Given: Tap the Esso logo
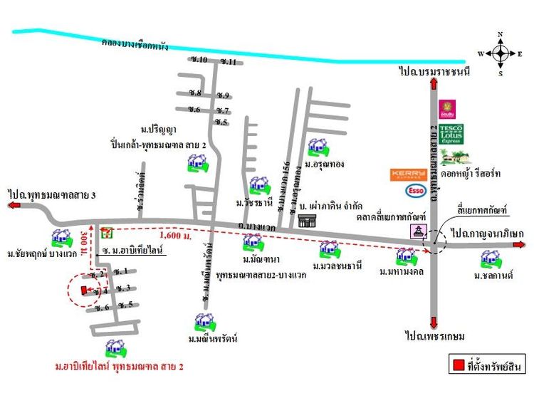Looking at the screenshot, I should pyautogui.click(x=415, y=190).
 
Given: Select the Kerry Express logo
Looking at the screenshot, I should pyautogui.click(x=409, y=174).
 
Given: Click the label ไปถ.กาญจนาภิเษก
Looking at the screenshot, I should pyautogui.click(x=487, y=233).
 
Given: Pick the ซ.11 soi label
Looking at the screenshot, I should pyautogui.click(x=229, y=62).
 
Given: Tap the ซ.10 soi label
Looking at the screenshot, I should pyautogui.click(x=198, y=60).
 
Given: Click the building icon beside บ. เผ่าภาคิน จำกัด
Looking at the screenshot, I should pyautogui.click(x=307, y=221).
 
